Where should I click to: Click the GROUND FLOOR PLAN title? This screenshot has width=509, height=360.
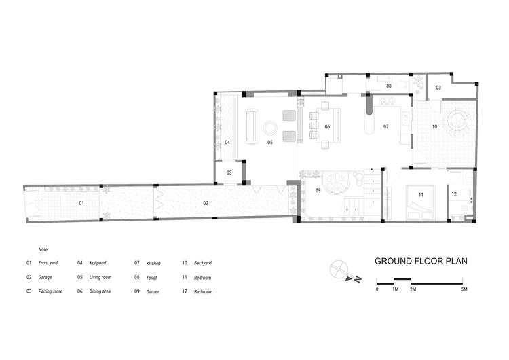421,262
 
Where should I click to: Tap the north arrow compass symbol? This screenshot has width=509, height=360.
343,272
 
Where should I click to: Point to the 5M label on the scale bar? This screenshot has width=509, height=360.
464,289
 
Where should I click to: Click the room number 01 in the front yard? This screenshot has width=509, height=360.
81,203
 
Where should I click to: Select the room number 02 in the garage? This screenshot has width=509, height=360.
206,203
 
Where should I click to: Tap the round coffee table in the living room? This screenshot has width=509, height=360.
270,128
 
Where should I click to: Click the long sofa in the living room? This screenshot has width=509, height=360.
252,126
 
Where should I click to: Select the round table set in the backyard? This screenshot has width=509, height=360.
457,121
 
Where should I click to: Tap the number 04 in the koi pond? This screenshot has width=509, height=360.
227,143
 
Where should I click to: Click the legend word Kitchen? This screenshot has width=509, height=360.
153,263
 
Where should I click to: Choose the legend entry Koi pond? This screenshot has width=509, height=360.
97,262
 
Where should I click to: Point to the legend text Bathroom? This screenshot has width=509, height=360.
203,292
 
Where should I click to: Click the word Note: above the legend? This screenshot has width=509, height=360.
43,249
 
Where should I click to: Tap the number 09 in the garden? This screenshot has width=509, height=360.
318,191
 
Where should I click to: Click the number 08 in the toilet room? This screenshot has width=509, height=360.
389,86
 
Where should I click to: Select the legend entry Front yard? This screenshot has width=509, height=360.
48,262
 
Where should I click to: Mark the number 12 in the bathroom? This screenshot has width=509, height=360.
454,194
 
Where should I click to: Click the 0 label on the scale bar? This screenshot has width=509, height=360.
377,289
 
